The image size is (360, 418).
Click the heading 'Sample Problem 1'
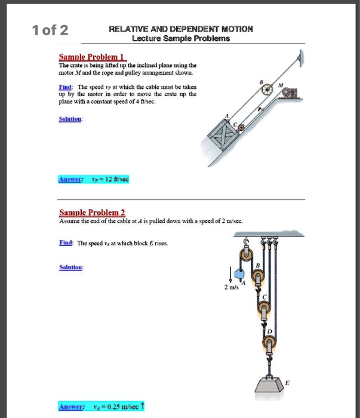click(90, 57)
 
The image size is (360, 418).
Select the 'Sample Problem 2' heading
click(92, 213)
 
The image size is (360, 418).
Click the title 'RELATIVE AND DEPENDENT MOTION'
click(181, 29)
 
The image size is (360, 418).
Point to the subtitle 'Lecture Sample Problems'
click(180, 38)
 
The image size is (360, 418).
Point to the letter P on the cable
click(260, 109)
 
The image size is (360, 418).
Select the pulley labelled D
click(268, 344)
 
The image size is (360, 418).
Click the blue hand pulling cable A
click(238, 275)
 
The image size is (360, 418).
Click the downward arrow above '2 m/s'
click(229, 275)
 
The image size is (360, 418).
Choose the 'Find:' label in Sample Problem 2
click(67, 244)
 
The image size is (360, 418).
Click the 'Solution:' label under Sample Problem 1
click(71, 119)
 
